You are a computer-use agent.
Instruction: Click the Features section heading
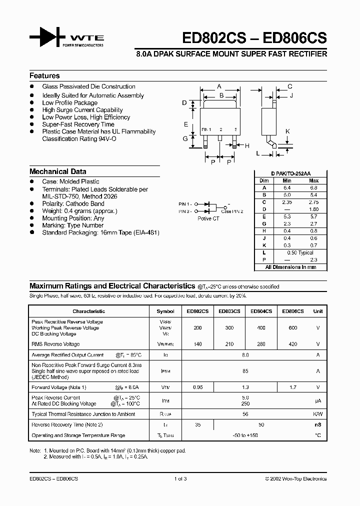pyautogui.click(x=44, y=76)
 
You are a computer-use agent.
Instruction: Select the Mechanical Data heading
pyautogui.click(x=58, y=171)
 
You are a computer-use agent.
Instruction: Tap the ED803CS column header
pyautogui.click(x=229, y=311)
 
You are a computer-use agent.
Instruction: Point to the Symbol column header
pyautogui.click(x=165, y=311)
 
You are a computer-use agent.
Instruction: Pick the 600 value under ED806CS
pyautogui.click(x=292, y=328)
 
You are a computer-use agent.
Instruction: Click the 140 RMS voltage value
pyautogui.click(x=197, y=344)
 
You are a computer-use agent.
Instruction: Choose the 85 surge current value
pyautogui.click(x=245, y=371)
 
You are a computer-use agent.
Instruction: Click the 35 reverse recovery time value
pyautogui.click(x=197, y=424)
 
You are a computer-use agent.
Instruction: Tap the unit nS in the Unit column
pyautogui.click(x=318, y=424)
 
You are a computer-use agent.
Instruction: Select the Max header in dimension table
pyautogui.click(x=313, y=180)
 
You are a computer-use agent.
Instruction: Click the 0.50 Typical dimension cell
pyautogui.click(x=300, y=253)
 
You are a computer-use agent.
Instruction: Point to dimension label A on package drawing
pyautogui.click(x=219, y=86)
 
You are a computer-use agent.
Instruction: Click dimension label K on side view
pyautogui.click(x=287, y=131)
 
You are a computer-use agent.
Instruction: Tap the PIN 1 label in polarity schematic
pyautogui.click(x=184, y=204)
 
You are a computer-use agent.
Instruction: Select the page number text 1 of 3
pyautogui.click(x=180, y=479)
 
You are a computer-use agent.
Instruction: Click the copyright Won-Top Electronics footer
pyautogui.click(x=295, y=479)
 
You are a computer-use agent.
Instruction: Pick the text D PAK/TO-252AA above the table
pyautogui.click(x=292, y=173)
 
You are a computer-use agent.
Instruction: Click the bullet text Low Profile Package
pyautogui.click(x=70, y=103)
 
